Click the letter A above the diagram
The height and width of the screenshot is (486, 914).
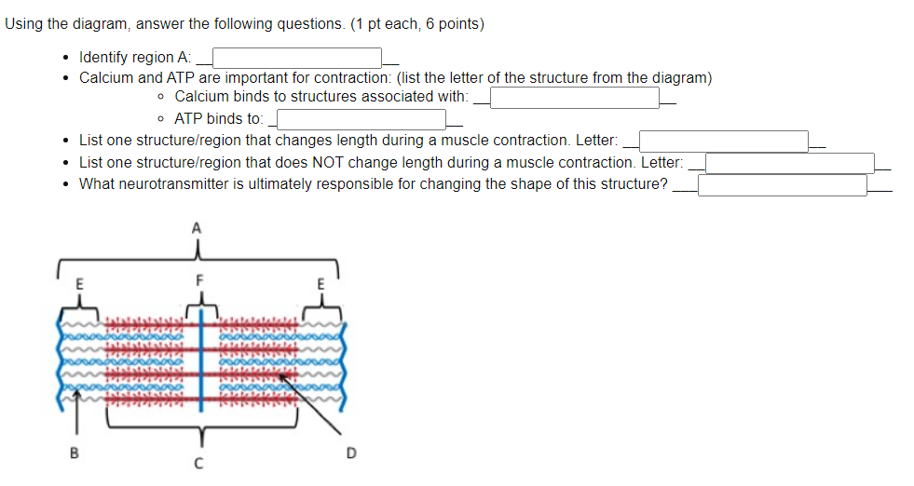[196, 226]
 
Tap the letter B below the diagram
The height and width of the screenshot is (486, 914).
[75, 454]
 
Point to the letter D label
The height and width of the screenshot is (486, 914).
[350, 454]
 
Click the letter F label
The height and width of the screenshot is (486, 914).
[198, 278]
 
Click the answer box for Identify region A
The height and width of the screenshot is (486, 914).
[298, 58]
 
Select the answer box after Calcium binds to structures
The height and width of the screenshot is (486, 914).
[575, 97]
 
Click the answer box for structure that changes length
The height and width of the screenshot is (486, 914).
[723, 141]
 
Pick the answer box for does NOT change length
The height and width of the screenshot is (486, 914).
[789, 163]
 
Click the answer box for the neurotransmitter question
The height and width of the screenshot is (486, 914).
[783, 184]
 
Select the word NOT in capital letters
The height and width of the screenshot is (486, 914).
[317, 162]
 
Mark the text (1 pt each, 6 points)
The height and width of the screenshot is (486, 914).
[417, 24]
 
